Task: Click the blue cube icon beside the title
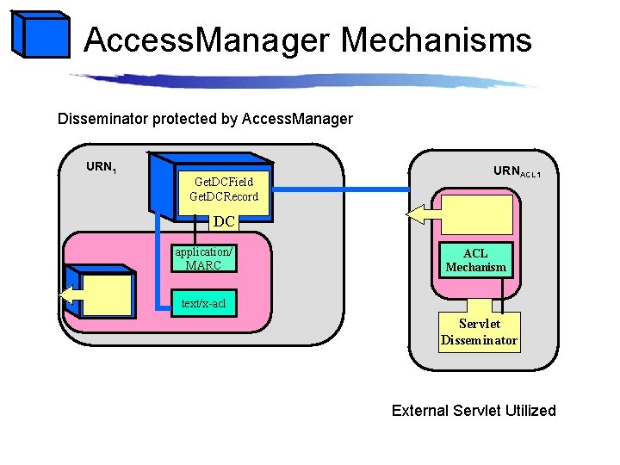(40, 35)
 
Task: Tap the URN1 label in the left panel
(101, 167)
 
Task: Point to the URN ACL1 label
(517, 172)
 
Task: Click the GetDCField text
(223, 182)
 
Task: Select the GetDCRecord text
(223, 196)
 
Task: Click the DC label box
(224, 221)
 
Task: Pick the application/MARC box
(203, 258)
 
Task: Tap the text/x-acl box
(203, 303)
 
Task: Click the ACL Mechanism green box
(475, 260)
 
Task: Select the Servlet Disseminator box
(479, 332)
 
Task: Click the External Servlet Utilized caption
(474, 411)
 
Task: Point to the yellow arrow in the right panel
(422, 214)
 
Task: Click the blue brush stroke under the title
(301, 80)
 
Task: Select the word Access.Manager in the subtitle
(297, 118)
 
